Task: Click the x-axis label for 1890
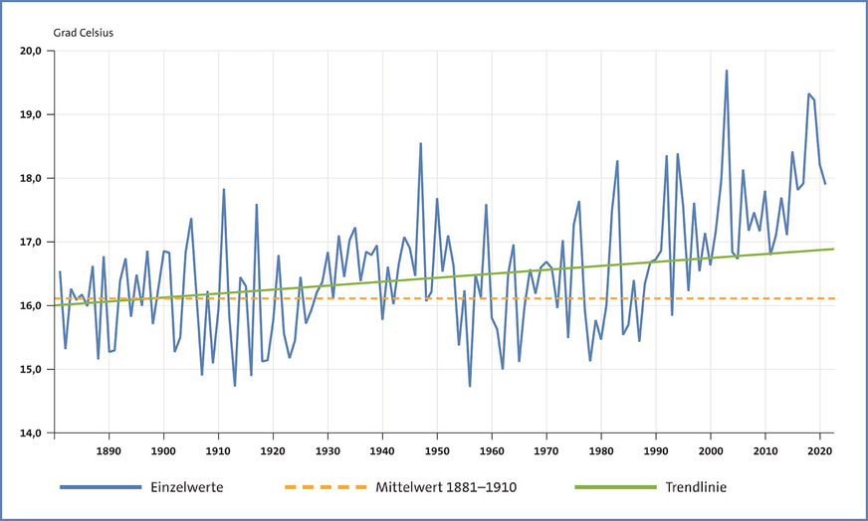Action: coord(109,451)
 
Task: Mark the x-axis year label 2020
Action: coord(819,451)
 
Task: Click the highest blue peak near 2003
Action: coord(727,71)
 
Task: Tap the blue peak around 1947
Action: coord(420,143)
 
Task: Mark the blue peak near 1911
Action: coord(224,189)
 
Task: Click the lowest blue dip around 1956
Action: coord(470,386)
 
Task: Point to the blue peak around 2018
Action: coord(808,93)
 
